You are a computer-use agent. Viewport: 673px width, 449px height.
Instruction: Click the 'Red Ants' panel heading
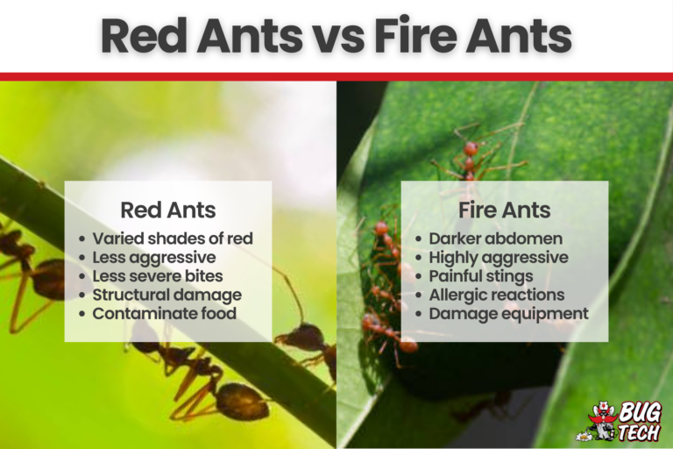[167, 210]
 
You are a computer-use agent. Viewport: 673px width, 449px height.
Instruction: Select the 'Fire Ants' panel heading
[504, 210]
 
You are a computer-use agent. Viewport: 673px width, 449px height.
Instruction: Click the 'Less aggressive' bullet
[153, 257]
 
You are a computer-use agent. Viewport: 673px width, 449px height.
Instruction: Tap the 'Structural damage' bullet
[166, 295]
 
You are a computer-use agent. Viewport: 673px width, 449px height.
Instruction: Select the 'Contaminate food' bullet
[164, 313]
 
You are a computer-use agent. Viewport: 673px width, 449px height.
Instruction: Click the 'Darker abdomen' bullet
[496, 239]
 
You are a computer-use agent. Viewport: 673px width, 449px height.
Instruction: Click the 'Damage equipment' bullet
[508, 313]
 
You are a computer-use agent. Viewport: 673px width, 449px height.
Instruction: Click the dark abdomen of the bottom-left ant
[241, 402]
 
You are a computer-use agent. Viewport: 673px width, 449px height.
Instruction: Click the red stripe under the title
[336, 76]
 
